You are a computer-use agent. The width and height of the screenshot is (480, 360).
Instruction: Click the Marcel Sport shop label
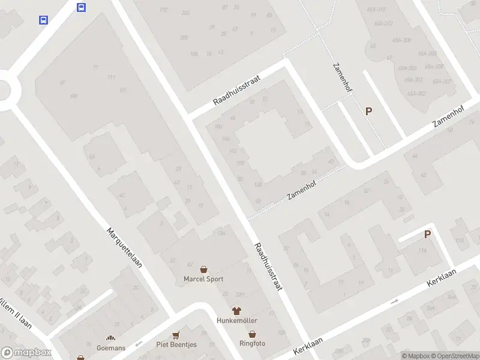point(203,279)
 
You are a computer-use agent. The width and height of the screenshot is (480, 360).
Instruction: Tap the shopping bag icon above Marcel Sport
point(203,270)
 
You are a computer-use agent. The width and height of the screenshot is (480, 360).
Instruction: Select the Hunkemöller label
point(236,320)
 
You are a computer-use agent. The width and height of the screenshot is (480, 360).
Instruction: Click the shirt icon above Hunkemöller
point(236,311)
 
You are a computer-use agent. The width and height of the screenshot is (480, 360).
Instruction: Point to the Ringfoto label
point(252,343)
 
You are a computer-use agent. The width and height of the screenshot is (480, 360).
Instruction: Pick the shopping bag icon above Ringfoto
point(253,334)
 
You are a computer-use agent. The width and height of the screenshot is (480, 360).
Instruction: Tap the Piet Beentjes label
point(176,344)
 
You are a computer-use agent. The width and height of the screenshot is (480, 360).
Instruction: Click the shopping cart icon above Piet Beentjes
point(176,335)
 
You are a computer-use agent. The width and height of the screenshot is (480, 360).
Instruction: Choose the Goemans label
point(111,348)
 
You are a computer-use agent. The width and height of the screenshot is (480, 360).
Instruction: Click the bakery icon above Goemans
point(111,339)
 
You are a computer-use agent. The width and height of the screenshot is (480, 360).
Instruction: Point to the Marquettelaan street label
point(124,247)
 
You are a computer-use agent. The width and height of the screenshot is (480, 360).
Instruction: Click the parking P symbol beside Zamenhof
point(368,111)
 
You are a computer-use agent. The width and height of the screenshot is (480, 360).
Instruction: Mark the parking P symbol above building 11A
point(427,235)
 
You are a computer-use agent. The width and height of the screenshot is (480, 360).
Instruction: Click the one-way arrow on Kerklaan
point(394,301)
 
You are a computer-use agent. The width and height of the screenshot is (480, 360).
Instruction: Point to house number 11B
point(460,241)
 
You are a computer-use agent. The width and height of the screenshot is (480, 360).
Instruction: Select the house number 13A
point(221,233)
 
